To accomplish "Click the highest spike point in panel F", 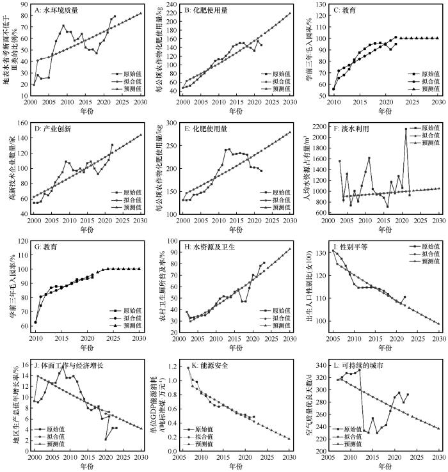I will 405,129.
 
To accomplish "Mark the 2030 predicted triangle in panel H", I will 291,249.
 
